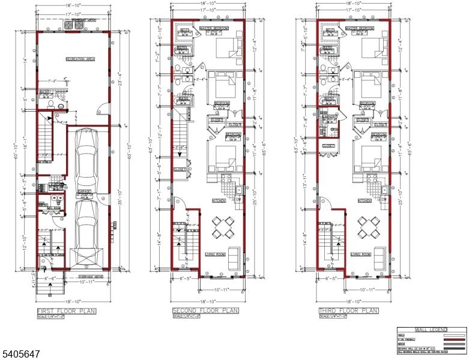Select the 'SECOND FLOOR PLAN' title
pyautogui.click(x=205, y=311)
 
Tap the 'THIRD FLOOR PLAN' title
pyautogui.click(x=348, y=311)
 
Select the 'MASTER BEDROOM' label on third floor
pyautogui.click(x=360, y=28)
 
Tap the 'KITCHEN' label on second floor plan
pyautogui.click(x=219, y=200)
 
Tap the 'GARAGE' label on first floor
pyautogui.click(x=86, y=191)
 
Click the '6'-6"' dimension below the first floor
pyautogui.click(x=50, y=279)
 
